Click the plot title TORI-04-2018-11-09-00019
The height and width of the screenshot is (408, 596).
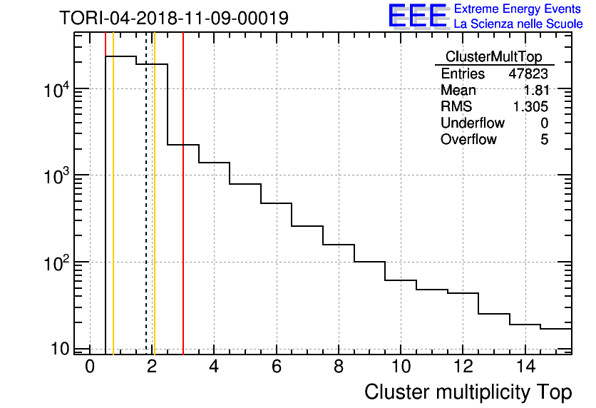click(174, 18)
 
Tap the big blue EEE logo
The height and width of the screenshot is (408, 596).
click(418, 16)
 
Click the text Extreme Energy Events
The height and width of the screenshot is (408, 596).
click(518, 9)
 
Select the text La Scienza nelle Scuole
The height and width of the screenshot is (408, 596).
click(518, 24)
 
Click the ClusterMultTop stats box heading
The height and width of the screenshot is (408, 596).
click(493, 57)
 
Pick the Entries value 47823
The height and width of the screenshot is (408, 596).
click(528, 74)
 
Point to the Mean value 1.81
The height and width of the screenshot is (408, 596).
click(535, 91)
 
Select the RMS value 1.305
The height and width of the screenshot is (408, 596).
click(530, 107)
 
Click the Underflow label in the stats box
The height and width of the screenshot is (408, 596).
click(473, 123)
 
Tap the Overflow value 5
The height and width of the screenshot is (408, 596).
click(544, 140)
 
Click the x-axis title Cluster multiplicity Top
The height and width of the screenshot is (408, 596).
click(468, 392)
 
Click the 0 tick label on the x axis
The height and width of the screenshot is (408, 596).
click(90, 367)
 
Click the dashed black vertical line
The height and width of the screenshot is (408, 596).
click(146, 214)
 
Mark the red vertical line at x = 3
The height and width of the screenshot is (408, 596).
click(183, 214)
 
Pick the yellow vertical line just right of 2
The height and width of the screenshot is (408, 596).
click(154, 214)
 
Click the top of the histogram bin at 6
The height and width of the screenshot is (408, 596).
click(276, 203)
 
